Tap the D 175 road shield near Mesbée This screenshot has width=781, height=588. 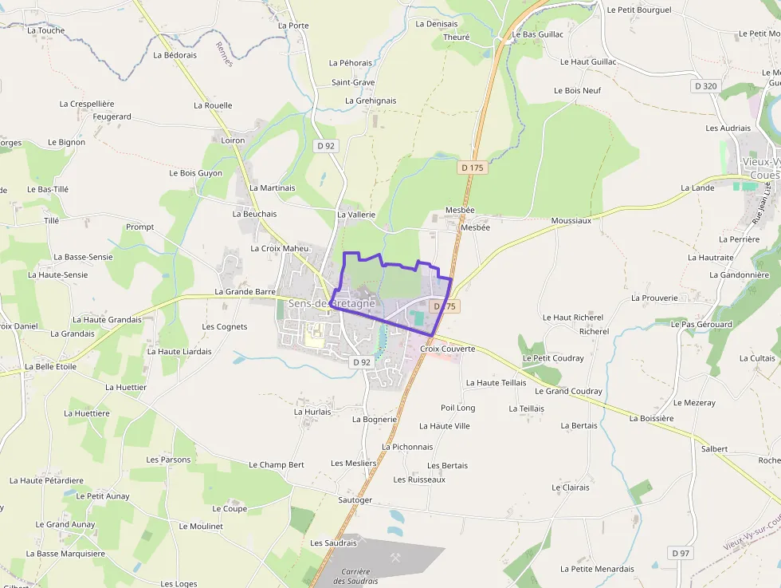pyautogui.click(x=473, y=168)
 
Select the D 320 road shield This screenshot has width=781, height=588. pyautogui.click(x=705, y=86)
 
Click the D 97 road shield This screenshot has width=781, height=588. pyautogui.click(x=680, y=553)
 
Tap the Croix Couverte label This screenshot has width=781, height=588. pyautogui.click(x=447, y=349)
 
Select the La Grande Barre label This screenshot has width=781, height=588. pyautogui.click(x=245, y=292)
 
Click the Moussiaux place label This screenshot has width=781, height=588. pyautogui.click(x=571, y=220)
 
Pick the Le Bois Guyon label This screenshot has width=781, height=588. pyautogui.click(x=195, y=173)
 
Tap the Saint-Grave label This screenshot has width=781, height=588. pyautogui.click(x=353, y=82)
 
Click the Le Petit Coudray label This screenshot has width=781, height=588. pyautogui.click(x=553, y=358)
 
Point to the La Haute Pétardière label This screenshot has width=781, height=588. pyautogui.click(x=46, y=480)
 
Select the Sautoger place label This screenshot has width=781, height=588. pyautogui.click(x=355, y=500)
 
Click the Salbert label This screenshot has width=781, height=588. pyautogui.click(x=714, y=449)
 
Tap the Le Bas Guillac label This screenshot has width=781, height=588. pyautogui.click(x=538, y=34)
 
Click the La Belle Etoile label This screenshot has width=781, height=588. pyautogui.click(x=50, y=367)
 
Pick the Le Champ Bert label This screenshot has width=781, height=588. pyautogui.click(x=276, y=464)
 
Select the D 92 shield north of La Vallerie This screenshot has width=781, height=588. pyautogui.click(x=325, y=146)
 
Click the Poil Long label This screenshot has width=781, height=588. pyautogui.click(x=457, y=408)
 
